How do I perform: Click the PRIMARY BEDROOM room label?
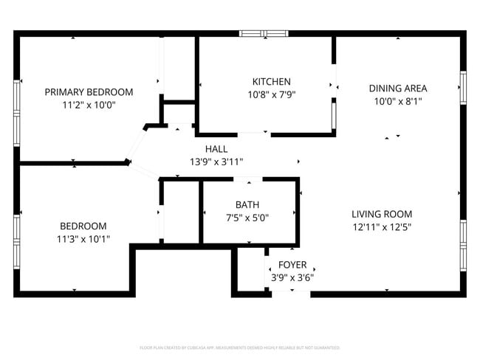tap(89, 92)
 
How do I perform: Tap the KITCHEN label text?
tap(271, 81)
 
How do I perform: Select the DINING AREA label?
tap(398, 89)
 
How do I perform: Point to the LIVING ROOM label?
tap(381, 214)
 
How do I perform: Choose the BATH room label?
tap(247, 204)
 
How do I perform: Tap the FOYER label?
tap(292, 264)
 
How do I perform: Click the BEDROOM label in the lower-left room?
tap(83, 226)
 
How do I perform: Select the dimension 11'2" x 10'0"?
tap(89, 105)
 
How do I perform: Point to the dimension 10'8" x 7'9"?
tap(271, 94)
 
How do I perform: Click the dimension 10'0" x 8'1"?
tap(398, 102)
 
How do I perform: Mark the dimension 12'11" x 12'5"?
tap(381, 227)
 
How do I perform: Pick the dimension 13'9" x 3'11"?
tap(216, 162)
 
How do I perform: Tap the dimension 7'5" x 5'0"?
tap(247, 218)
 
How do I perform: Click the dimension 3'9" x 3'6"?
tap(292, 277)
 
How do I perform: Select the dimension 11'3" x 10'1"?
tap(83, 239)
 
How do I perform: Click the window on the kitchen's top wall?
tap(264, 33)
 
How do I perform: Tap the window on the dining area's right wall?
tap(463, 87)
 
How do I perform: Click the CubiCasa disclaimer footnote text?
tap(240, 347)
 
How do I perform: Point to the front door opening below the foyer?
tap(291, 293)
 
